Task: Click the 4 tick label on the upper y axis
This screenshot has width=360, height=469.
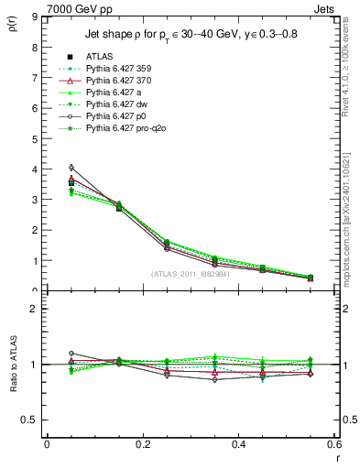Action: click(34, 169)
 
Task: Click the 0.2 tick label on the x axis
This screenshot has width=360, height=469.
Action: click(143, 443)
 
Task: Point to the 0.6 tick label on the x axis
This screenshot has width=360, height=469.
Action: click(334, 443)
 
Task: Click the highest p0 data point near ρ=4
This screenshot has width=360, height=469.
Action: click(71, 168)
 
